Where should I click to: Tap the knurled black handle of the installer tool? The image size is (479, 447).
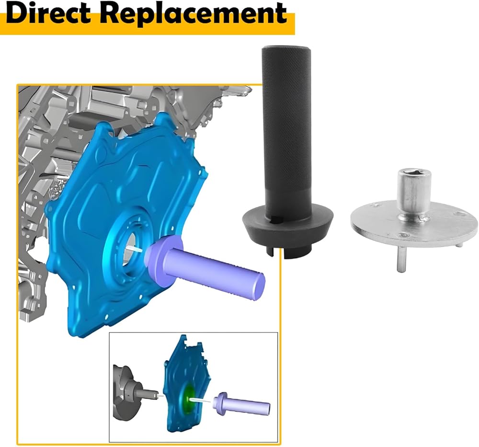point(286,122)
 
